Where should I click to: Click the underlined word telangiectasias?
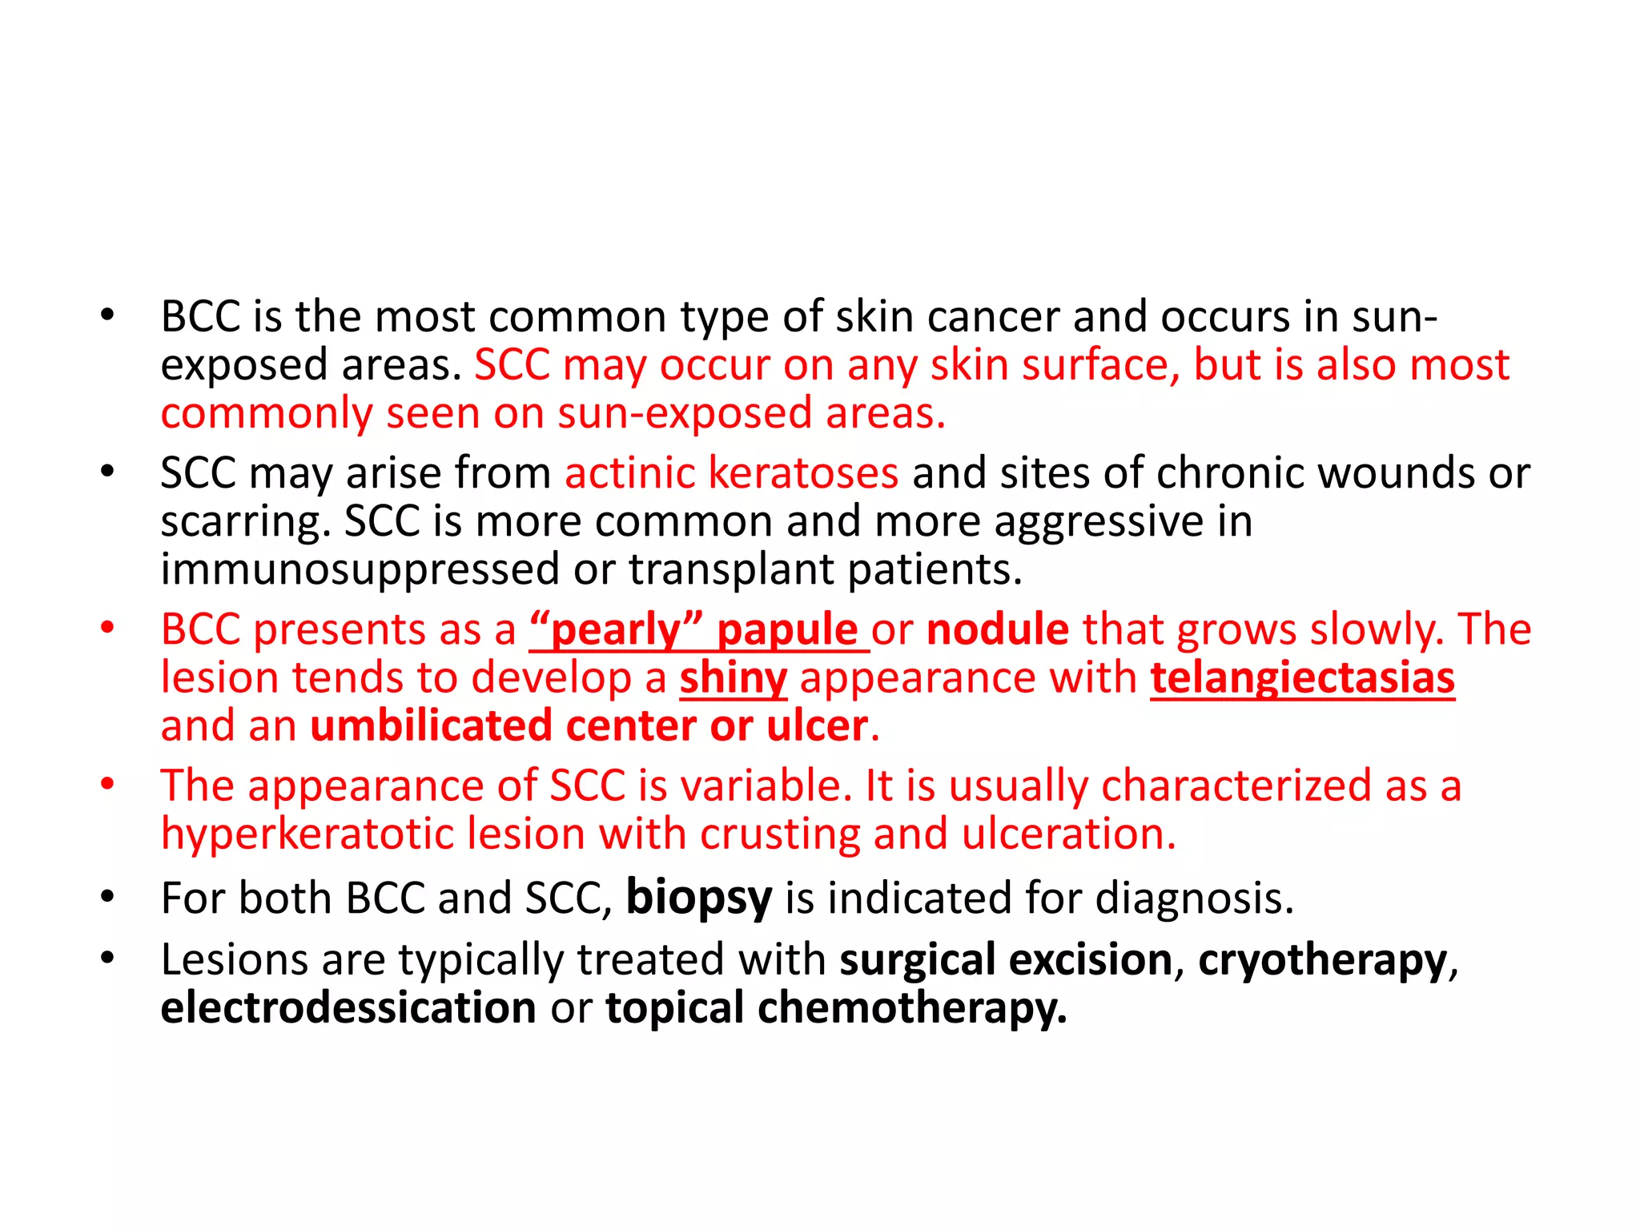click(x=1302, y=678)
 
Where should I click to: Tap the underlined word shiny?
click(x=734, y=679)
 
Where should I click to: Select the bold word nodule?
click(x=997, y=629)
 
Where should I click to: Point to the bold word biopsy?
click(x=698, y=898)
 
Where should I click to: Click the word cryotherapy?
click(x=1323, y=960)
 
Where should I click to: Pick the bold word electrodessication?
click(x=348, y=1007)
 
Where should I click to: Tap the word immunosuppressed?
click(x=360, y=570)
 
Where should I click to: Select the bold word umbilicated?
click(x=431, y=726)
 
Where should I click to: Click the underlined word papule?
click(x=787, y=630)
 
